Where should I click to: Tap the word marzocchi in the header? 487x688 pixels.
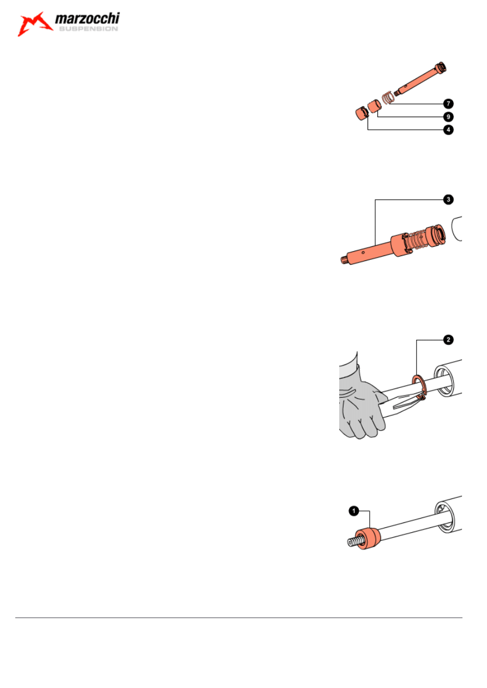point(87,19)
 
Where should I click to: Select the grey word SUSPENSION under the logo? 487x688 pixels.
point(88,29)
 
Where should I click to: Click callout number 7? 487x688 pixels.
point(448,104)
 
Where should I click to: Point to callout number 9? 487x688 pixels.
point(448,117)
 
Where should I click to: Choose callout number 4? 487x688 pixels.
point(448,130)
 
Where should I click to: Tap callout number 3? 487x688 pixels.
point(448,199)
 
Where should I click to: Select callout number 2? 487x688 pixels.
point(448,340)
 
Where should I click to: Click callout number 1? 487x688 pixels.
point(354,511)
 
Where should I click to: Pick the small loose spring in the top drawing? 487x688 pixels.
point(388,98)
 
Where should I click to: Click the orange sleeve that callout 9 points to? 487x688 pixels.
point(375,106)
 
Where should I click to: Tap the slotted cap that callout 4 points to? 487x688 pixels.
point(362,113)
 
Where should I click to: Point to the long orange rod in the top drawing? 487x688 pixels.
point(420,78)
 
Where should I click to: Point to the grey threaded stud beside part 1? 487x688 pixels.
point(353,542)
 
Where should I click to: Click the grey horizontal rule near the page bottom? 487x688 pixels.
point(239,617)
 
